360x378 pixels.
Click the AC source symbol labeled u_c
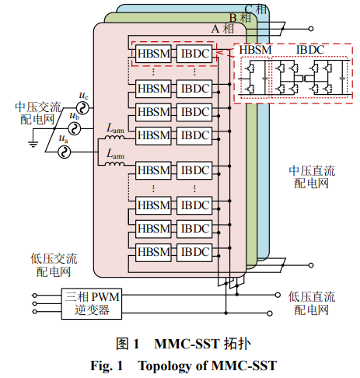coord(82,108)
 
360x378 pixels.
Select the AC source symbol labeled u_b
coord(75,128)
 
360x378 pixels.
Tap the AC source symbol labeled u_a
coord(64,152)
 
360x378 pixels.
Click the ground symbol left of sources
coord(33,144)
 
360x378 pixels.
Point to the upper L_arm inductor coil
coord(114,137)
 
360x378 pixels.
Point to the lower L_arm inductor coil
coord(114,163)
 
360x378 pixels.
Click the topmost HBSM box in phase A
coord(153,54)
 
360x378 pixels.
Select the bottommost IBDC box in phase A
coord(194,252)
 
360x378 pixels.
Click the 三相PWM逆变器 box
coord(92,303)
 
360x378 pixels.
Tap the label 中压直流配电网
coord(312,177)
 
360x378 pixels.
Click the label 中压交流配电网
coord(38,114)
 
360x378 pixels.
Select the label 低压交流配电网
coord(54,265)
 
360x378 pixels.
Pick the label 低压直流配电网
coord(312,303)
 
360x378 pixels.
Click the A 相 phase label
coord(222,29)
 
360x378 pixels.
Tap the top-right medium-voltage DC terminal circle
coord(311,29)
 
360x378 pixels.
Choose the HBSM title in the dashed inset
coord(255,50)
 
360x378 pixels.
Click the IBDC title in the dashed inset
coord(310,50)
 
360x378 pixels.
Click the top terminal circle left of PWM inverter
coord(34,296)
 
